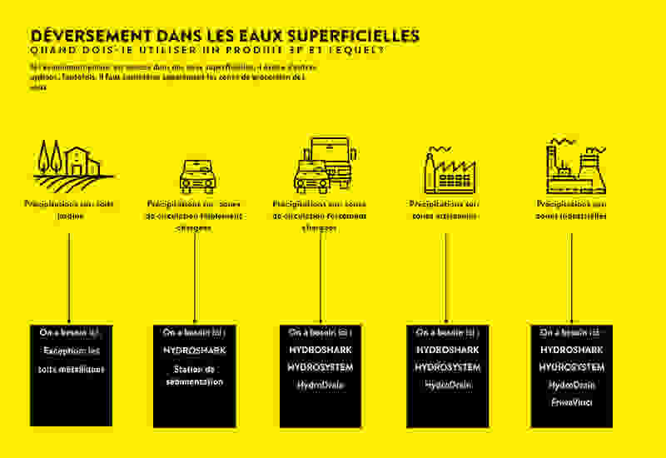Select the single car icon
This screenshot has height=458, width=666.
point(197,176)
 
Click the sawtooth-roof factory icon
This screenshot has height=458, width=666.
point(448,169)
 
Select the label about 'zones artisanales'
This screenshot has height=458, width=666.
point(445,209)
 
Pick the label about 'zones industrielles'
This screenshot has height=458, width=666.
point(571,209)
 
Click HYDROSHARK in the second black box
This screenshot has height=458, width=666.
point(195,351)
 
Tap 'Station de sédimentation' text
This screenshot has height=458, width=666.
point(195,375)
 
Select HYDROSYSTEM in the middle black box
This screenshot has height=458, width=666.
point(321,367)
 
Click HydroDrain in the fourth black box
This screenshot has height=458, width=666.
point(447,385)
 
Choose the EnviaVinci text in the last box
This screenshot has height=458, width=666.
point(571,402)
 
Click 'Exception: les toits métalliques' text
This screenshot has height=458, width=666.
point(70,360)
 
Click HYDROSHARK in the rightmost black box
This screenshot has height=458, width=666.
point(571,350)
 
